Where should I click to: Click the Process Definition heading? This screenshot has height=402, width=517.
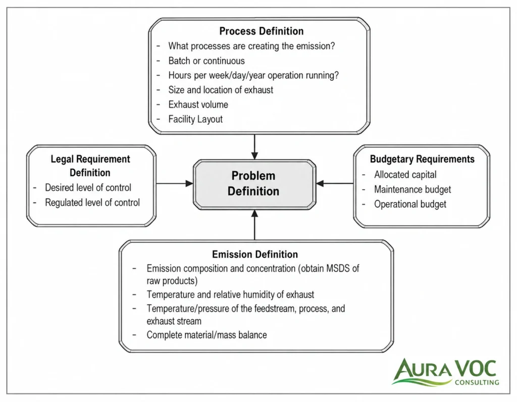point(262,31)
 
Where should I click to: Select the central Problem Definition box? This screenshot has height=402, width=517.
point(254,184)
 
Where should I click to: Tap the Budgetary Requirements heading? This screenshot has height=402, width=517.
point(422,159)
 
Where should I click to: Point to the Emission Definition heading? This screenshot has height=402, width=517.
point(255,254)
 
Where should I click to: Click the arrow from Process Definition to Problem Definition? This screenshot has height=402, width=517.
point(254,147)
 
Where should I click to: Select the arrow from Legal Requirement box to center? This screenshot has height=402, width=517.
point(174,183)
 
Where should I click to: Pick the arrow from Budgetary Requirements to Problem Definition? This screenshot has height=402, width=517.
point(335,183)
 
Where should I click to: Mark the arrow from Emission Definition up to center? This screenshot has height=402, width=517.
point(254,225)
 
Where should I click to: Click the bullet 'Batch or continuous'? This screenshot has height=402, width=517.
point(206,61)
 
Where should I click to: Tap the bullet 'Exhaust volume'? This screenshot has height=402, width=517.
point(198,105)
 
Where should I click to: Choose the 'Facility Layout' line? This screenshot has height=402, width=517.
point(195,119)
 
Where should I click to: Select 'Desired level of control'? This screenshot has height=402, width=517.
point(88,188)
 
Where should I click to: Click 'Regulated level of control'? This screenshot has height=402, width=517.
point(92,203)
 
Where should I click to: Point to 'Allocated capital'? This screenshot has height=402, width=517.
point(405,174)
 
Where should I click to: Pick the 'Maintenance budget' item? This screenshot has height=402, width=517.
point(412,189)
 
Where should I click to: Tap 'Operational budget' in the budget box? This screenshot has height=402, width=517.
point(410,204)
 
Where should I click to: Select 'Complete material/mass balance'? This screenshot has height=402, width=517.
point(206,335)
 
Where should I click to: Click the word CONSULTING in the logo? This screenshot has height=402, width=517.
point(477,382)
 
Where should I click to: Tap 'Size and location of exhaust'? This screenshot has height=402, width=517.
point(221,90)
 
